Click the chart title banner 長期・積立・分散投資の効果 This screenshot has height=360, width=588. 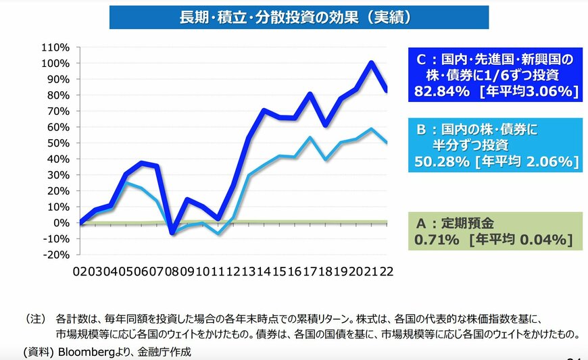(299, 16)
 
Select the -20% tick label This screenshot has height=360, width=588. (55, 255)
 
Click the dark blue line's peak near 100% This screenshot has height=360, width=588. (372, 63)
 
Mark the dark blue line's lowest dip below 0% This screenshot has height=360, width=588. (172, 232)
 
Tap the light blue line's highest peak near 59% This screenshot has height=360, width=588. (372, 129)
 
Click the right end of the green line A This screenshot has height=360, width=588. (386, 222)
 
